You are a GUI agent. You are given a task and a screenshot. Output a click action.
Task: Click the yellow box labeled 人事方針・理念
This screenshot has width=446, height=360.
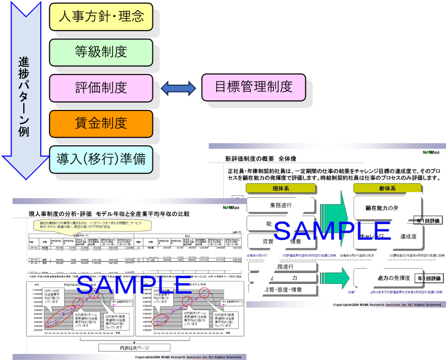101,16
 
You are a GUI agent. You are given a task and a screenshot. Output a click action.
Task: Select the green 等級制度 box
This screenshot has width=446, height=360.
101,52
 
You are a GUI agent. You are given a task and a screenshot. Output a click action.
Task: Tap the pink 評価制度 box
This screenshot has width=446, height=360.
101,88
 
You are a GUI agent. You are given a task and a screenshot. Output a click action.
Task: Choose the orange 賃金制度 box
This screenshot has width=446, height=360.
101,124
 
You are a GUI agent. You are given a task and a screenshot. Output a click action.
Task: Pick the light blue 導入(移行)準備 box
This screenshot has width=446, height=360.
101,159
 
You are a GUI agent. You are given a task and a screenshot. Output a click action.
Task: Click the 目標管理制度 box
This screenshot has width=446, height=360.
254,87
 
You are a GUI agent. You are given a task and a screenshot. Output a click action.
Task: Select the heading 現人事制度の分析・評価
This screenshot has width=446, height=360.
62,214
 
